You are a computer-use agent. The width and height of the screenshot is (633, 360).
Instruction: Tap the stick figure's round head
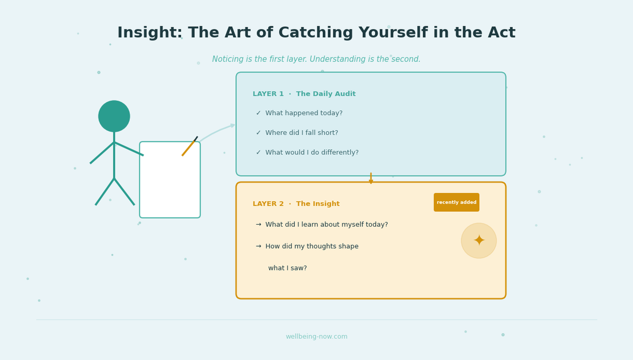[x=114, y=116]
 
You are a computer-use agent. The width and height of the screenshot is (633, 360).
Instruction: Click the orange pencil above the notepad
[x=189, y=147]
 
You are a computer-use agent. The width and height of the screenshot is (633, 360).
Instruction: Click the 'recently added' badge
[x=456, y=202]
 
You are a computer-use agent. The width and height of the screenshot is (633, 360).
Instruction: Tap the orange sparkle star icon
[x=478, y=241]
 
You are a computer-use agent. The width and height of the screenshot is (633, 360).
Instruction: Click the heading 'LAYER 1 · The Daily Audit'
[x=304, y=94]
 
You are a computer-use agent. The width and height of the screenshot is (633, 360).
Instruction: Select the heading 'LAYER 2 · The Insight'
[x=296, y=204]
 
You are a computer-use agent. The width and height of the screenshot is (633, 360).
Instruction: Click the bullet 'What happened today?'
[x=304, y=113]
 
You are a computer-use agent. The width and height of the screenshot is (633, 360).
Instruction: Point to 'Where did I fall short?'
[x=302, y=133]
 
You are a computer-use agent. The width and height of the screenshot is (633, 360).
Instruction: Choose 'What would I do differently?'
[x=312, y=153]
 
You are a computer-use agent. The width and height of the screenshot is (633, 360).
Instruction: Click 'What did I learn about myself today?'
[x=327, y=225]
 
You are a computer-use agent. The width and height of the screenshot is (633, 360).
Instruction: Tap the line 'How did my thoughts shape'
[x=312, y=247]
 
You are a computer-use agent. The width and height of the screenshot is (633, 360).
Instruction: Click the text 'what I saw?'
[x=287, y=268]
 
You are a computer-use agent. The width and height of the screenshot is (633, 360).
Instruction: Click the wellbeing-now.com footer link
[x=316, y=337]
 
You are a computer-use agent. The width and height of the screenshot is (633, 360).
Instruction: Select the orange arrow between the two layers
[x=371, y=179]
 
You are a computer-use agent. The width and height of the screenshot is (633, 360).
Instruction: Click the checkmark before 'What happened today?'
[x=258, y=113]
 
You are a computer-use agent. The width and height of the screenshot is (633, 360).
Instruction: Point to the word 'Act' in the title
[x=500, y=33]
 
